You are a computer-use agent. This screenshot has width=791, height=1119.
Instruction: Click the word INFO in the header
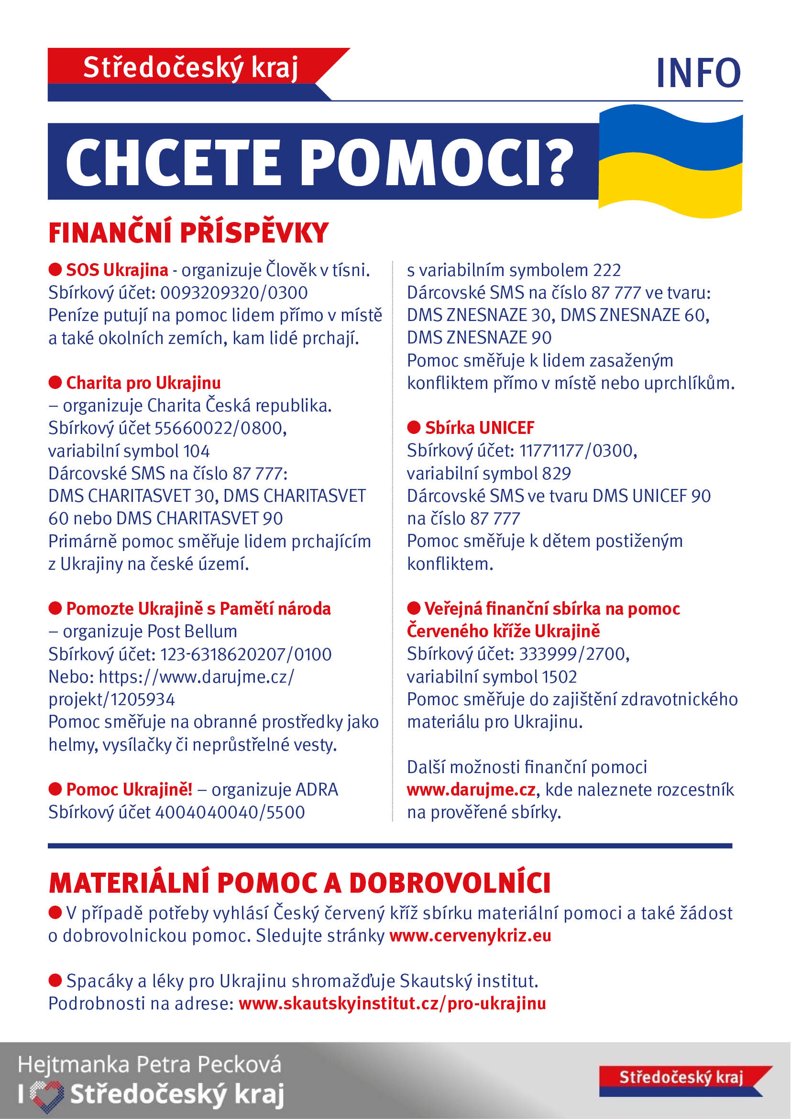click(x=698, y=73)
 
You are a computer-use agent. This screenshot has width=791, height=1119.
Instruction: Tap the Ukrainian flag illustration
click(x=670, y=161)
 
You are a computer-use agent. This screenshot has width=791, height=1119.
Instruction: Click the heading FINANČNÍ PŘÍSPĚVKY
click(x=188, y=233)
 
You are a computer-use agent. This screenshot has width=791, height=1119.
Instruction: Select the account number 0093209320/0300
click(x=234, y=293)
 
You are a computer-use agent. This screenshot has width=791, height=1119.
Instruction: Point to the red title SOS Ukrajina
click(x=117, y=270)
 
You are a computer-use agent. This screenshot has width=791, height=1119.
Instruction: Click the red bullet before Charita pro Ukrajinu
click(x=55, y=383)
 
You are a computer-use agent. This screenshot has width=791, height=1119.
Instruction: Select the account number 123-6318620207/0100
click(x=245, y=654)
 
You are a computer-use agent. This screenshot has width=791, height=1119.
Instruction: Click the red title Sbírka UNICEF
click(x=479, y=428)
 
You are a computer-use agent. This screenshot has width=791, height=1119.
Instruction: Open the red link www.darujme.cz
click(x=471, y=789)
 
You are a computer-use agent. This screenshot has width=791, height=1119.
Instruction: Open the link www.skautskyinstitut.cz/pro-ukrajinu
click(x=392, y=1004)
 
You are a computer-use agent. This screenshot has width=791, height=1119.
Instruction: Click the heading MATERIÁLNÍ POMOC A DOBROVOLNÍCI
click(x=299, y=883)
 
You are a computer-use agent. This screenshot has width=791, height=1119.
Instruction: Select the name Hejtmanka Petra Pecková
click(x=150, y=1064)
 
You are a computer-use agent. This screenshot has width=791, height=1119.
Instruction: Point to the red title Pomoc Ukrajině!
click(x=129, y=789)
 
